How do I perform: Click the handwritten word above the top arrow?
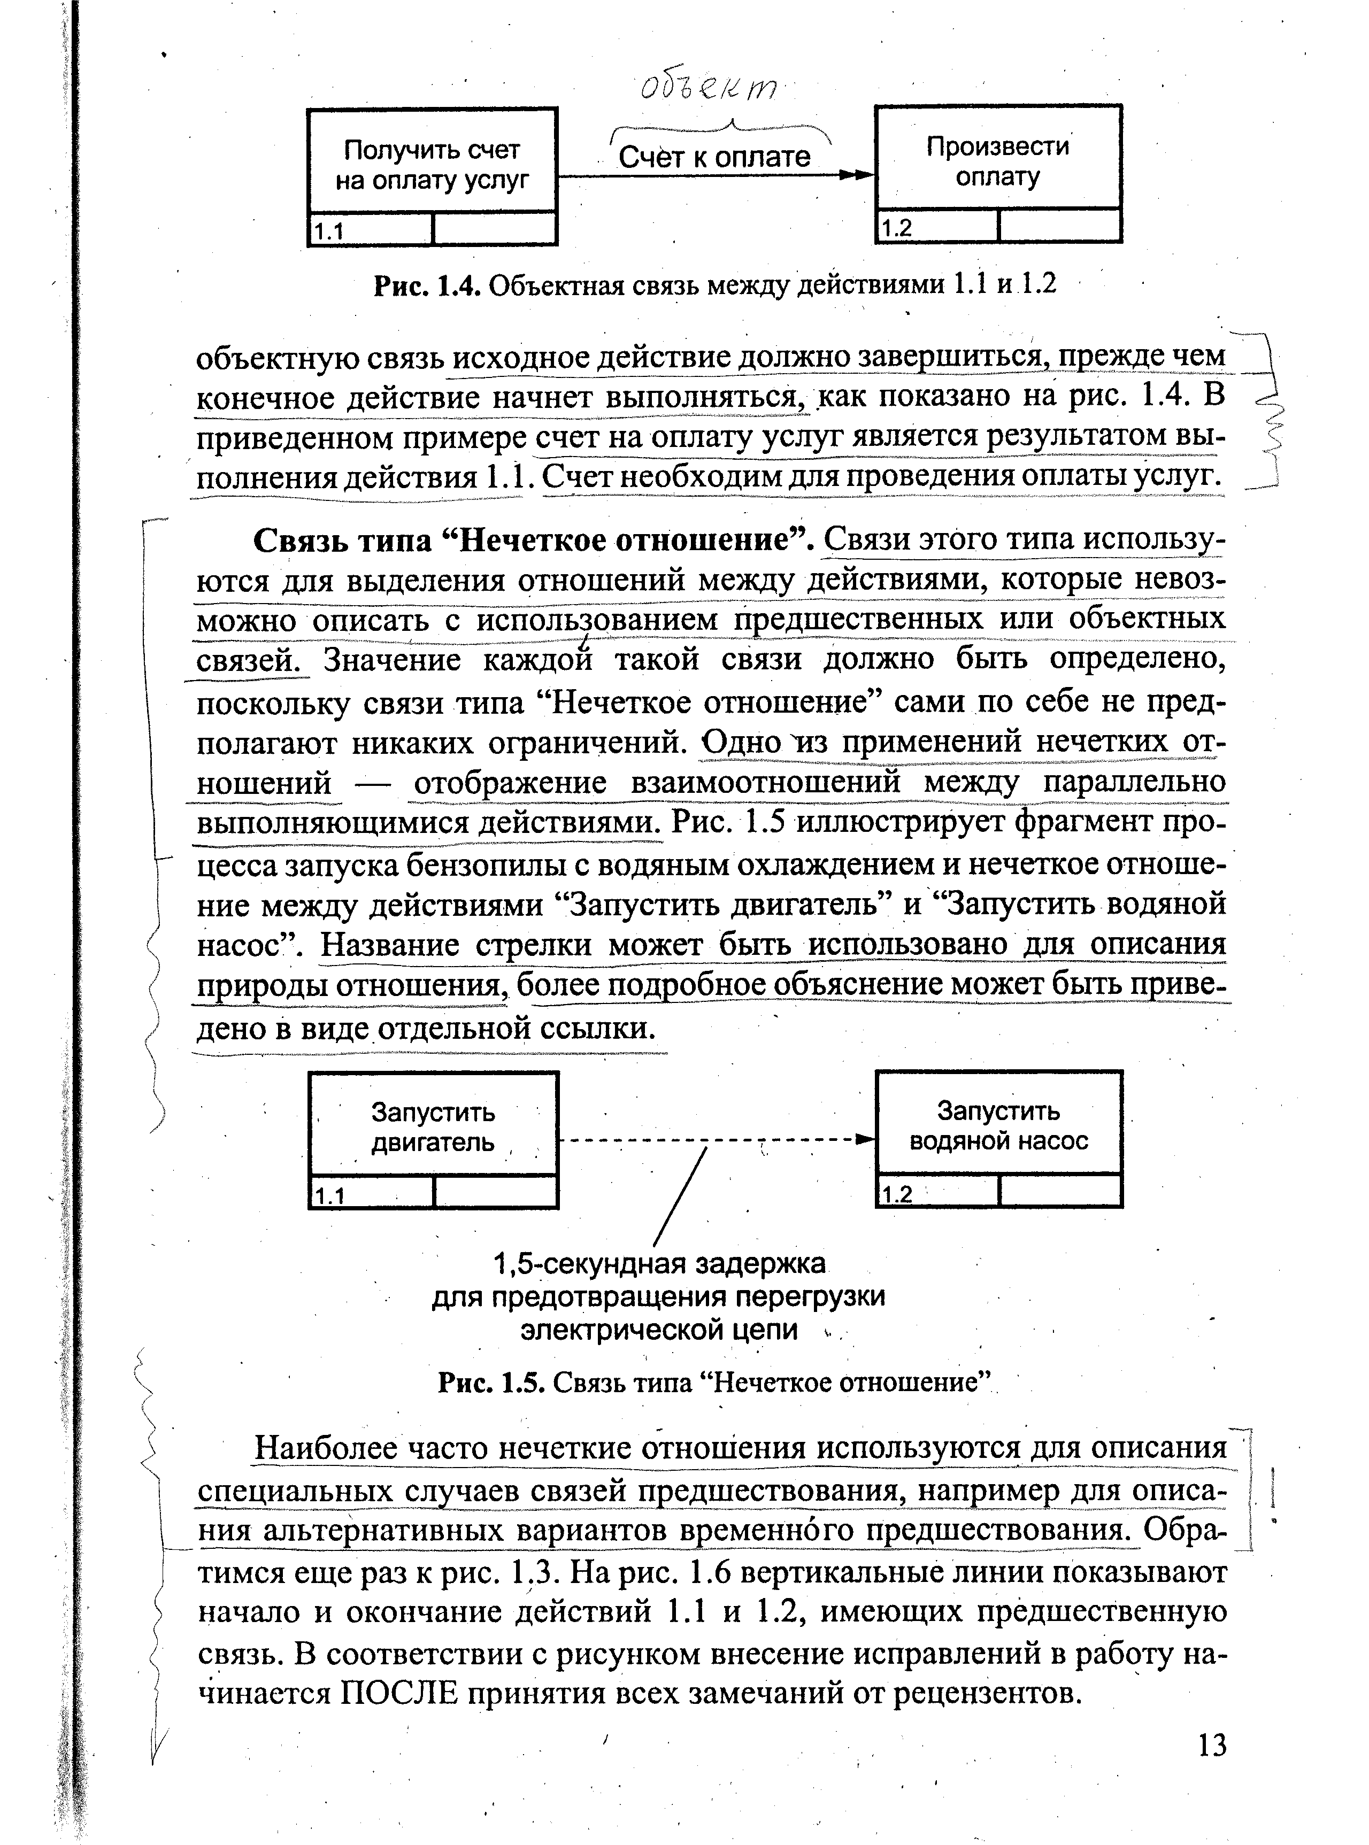709,87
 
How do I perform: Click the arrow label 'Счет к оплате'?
714,157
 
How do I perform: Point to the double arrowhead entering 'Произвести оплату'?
857,176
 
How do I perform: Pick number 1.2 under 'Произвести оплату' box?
897,228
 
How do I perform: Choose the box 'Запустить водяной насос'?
998,1125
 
